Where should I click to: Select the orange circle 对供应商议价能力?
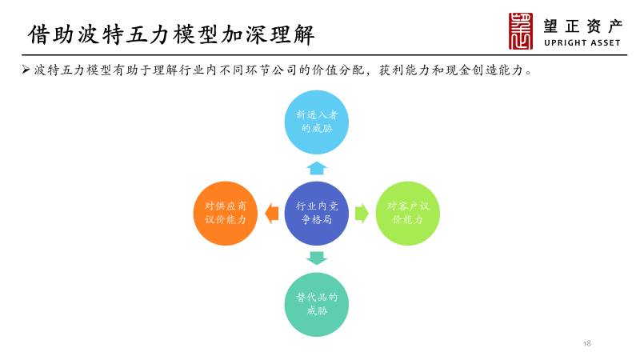(x=226, y=213)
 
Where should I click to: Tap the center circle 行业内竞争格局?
(x=317, y=213)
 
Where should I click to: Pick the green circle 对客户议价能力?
(x=408, y=213)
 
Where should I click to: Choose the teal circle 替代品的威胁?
(x=317, y=304)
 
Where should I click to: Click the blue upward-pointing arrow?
(x=317, y=168)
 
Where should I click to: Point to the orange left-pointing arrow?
(x=272, y=213)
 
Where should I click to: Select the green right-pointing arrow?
(x=362, y=213)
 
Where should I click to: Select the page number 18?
(x=587, y=343)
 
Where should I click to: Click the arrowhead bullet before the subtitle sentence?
(x=26, y=70)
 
